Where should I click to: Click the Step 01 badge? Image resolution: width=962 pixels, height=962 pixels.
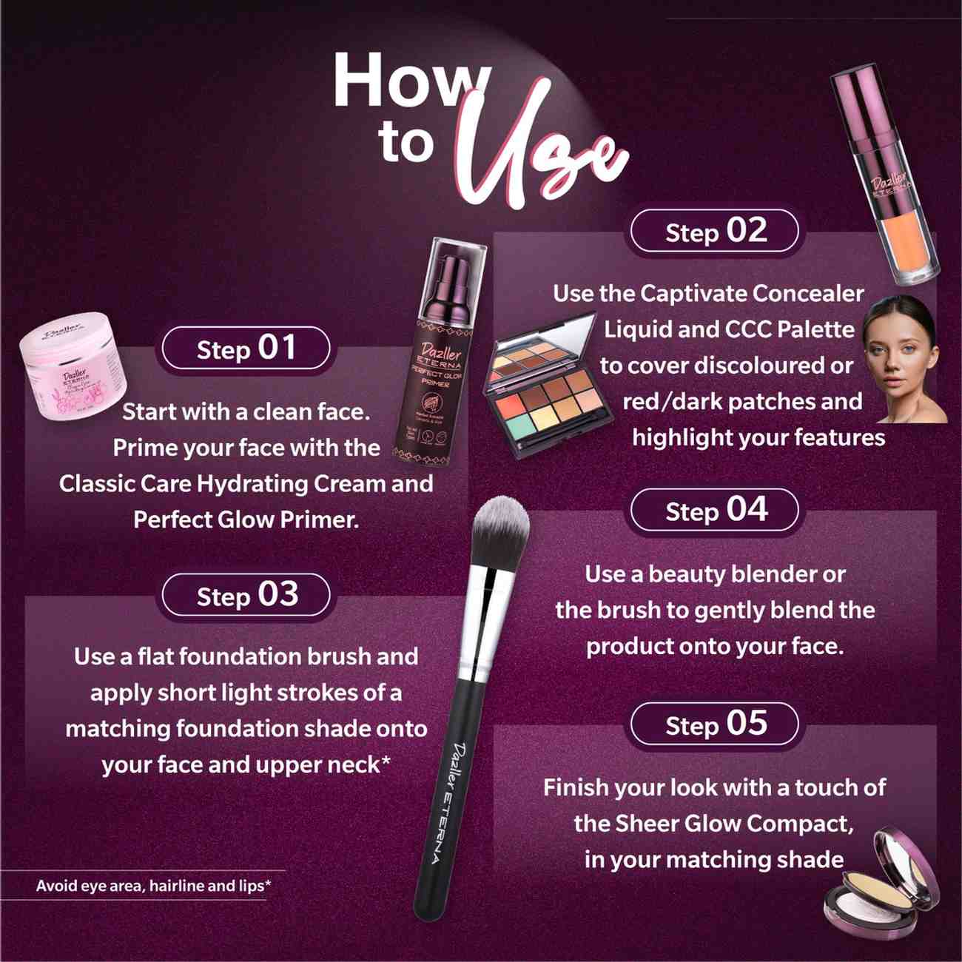(x=246, y=349)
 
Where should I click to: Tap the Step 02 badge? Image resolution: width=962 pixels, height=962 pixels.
(x=715, y=232)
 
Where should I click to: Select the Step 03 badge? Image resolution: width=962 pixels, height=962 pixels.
(x=246, y=596)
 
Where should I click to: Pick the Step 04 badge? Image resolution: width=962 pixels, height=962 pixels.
(x=715, y=511)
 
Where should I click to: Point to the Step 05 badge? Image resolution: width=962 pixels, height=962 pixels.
(x=715, y=724)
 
